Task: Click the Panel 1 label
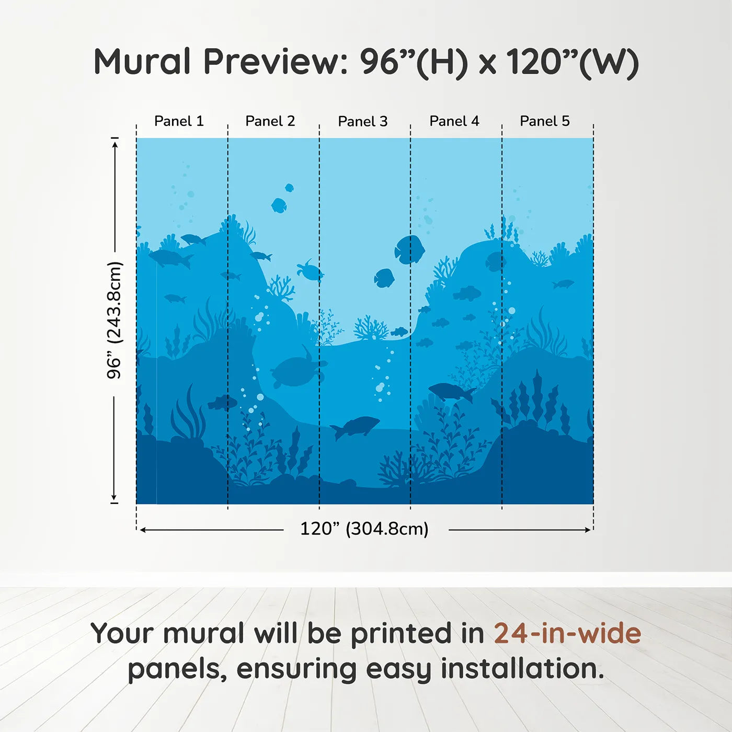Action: (179, 121)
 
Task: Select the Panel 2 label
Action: (270, 121)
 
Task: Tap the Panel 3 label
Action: (363, 122)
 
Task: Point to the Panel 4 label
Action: (454, 121)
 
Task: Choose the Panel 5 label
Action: (545, 121)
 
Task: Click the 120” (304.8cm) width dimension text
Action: (364, 529)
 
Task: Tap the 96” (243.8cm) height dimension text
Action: (114, 320)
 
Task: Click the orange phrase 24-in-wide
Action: (567, 633)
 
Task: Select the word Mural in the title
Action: (142, 62)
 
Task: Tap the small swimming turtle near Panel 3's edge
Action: (310, 271)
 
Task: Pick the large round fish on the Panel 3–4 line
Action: (409, 249)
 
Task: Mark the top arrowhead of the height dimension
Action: (115, 143)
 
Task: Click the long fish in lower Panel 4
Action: (451, 391)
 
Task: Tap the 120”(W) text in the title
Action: (573, 62)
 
